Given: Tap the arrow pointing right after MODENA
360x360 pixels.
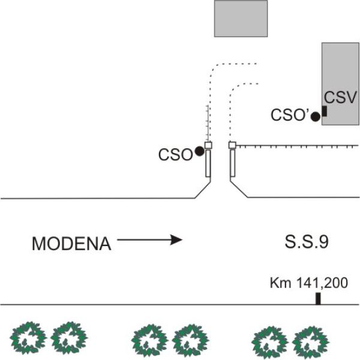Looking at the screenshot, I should (149, 240).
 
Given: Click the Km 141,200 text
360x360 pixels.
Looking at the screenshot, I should (308, 282).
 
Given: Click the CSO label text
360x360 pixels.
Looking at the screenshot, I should (175, 155).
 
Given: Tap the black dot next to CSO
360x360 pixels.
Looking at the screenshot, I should (199, 152).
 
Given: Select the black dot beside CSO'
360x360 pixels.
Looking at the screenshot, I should (316, 117).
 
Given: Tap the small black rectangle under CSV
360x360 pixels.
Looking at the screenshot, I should (325, 111).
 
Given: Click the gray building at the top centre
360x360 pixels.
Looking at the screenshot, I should (241, 18).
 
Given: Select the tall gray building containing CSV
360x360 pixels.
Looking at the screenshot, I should (340, 72).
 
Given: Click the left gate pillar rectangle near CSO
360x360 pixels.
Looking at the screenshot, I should (208, 163).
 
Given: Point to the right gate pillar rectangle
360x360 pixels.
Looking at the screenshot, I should (232, 163).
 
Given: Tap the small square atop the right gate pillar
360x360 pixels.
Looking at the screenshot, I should (232, 145).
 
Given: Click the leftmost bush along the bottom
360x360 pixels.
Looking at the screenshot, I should (28, 337).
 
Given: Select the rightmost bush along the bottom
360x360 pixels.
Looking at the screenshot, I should (311, 340).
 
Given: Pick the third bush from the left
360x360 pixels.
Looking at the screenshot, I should (147, 339).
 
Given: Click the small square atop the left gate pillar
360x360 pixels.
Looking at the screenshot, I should (208, 145).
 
